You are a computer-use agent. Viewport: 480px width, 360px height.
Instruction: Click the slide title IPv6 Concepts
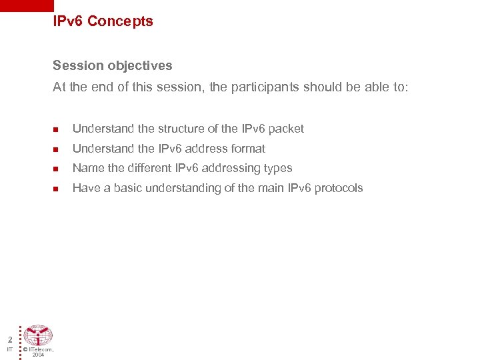pos(103,21)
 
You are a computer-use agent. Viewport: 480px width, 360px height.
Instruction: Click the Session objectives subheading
pos(112,65)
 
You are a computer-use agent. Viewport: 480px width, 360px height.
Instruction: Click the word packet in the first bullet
pos(285,129)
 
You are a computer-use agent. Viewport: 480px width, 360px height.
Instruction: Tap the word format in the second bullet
pos(247,149)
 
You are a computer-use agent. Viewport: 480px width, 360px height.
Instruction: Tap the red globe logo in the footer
pos(38,335)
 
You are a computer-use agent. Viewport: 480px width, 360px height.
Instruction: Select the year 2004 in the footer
pos(38,355)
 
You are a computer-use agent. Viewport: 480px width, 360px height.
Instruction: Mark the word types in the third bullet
pos(279,169)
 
